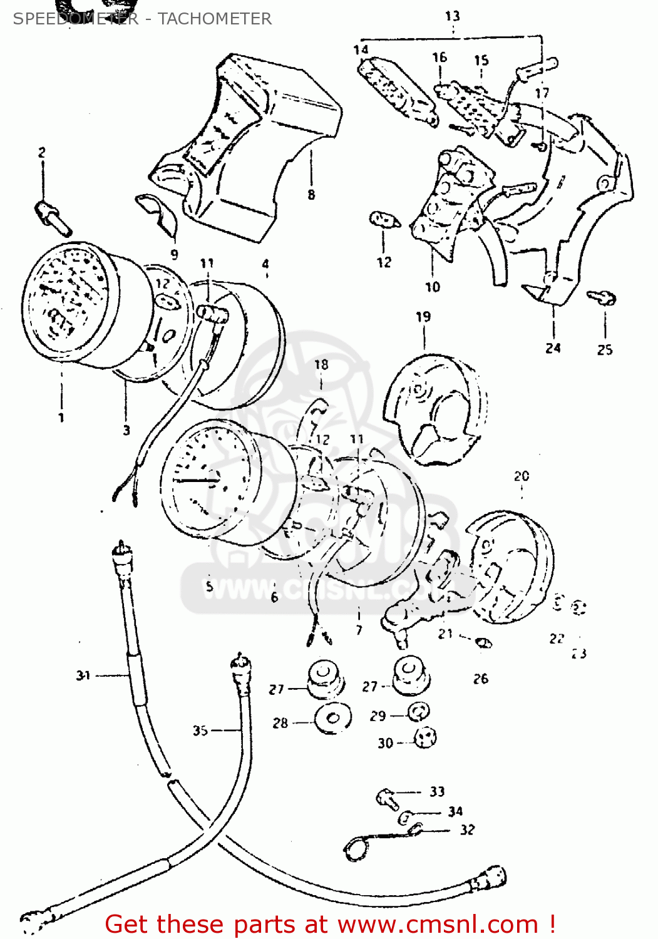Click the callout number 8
311,195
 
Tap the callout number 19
423,317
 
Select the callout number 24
553,348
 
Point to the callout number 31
83,675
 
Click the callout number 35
200,731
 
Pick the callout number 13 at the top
452,16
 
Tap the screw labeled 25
603,298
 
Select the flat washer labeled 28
332,719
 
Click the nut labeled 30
426,737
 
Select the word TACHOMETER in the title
215,19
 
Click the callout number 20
522,476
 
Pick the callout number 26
480,679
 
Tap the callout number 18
321,364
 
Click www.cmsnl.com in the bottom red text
438,925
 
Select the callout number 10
433,287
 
